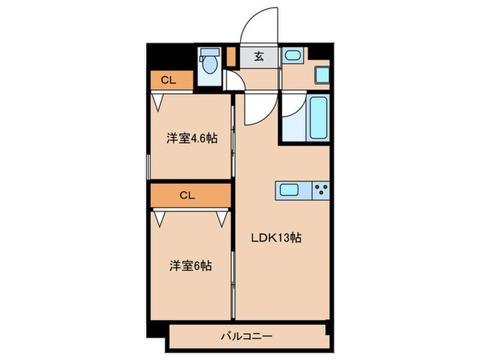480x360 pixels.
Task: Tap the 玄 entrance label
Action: tap(260, 56)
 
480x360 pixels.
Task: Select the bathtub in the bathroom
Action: tap(317, 117)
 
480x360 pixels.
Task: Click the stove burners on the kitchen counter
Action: tap(320, 189)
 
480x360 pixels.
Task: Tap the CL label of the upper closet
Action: tap(169, 80)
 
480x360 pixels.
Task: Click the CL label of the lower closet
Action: tap(188, 195)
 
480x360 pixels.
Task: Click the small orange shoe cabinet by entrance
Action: tap(232, 56)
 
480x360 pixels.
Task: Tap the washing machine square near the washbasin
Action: tap(321, 75)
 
